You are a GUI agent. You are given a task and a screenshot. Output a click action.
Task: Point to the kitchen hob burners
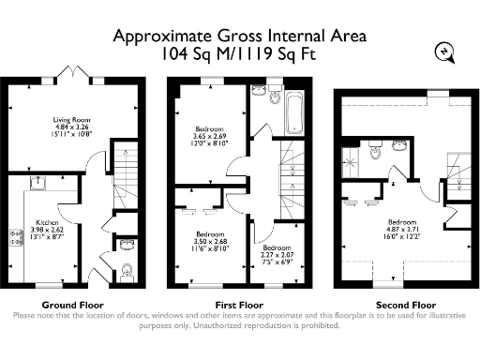pyautogui.click(x=14, y=246)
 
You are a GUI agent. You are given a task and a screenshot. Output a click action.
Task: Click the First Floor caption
pyautogui.click(x=239, y=305)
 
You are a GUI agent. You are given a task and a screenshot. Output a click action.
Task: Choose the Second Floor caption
pyautogui.click(x=405, y=305)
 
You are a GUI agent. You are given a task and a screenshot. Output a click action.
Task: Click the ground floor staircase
pyautogui.click(x=121, y=169)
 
